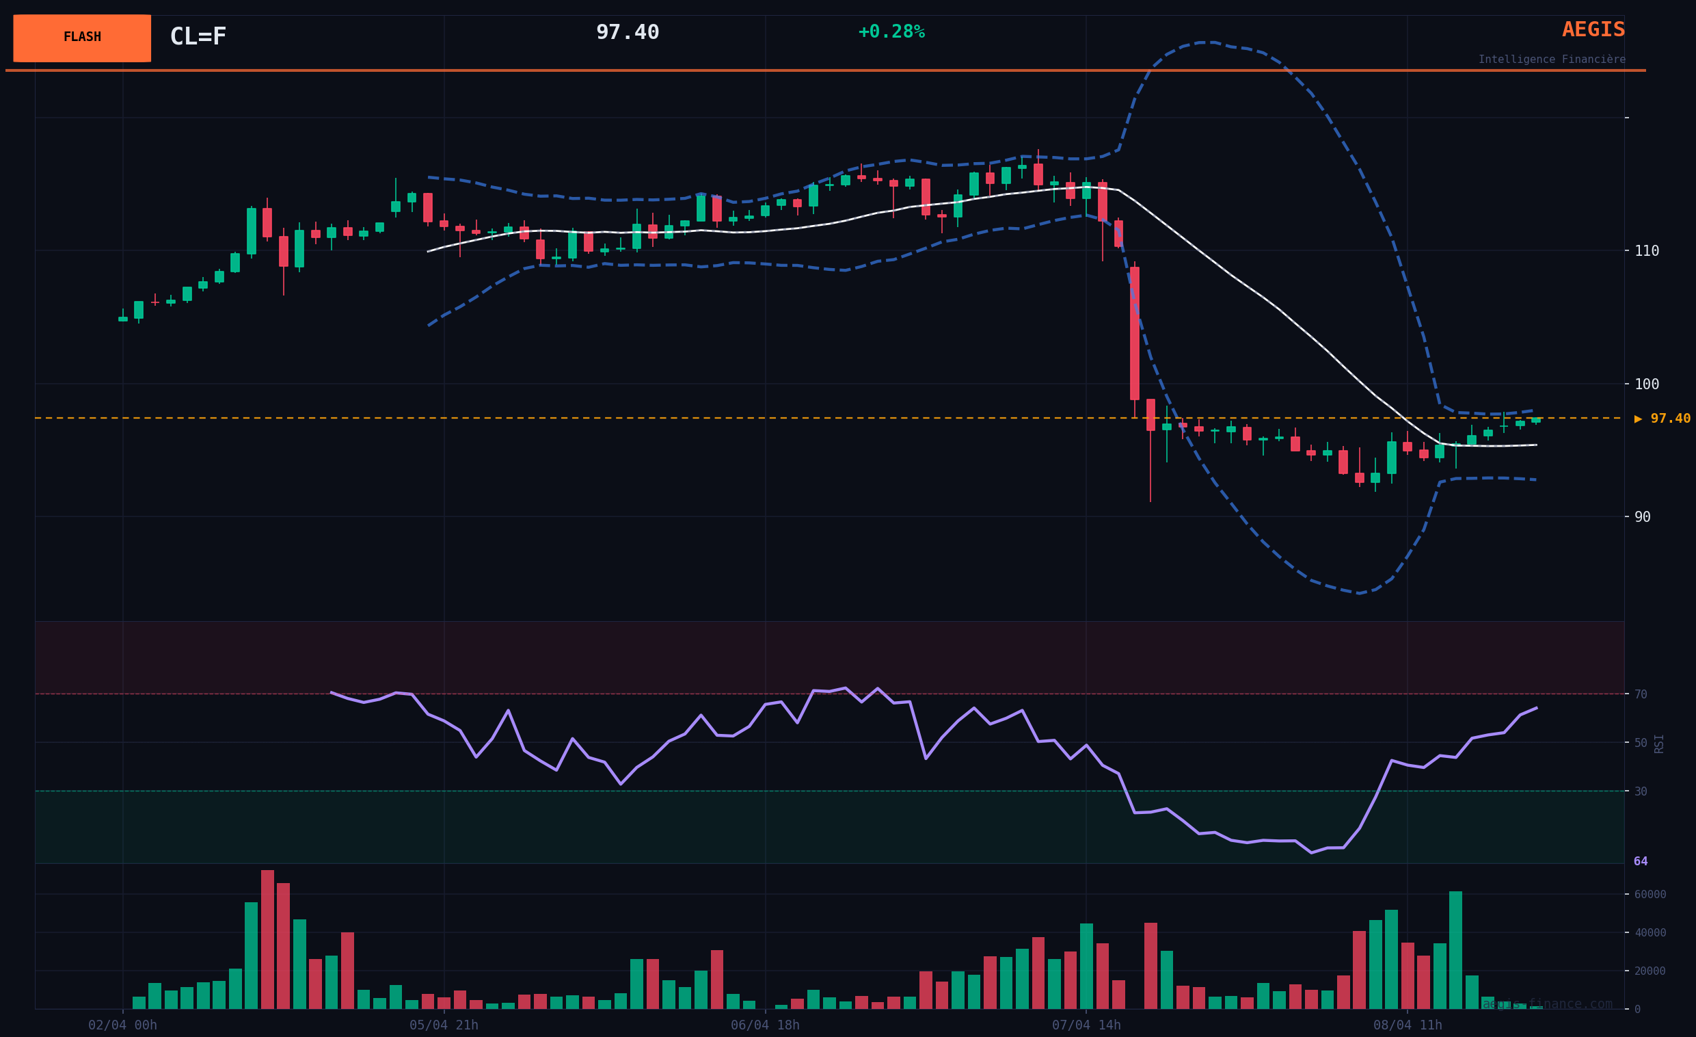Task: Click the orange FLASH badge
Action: [82, 38]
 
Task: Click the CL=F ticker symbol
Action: [198, 36]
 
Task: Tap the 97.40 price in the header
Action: [627, 32]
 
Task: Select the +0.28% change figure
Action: [891, 31]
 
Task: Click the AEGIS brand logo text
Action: [1593, 29]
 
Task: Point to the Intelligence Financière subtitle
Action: [1552, 60]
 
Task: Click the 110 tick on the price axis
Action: [1647, 250]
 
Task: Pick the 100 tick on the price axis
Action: [1647, 384]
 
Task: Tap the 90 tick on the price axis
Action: [1642, 517]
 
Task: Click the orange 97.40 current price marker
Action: [1663, 419]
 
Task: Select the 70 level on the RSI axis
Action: [1641, 694]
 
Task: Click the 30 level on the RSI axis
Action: [1641, 791]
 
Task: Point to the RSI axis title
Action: [1659, 744]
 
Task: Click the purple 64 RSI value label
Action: [1640, 861]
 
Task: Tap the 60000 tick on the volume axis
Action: [1651, 895]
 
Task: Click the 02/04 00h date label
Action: [122, 1025]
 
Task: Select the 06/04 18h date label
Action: [765, 1025]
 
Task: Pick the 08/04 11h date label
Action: [1407, 1025]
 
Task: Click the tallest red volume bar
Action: [268, 939]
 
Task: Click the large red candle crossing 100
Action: [1134, 333]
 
